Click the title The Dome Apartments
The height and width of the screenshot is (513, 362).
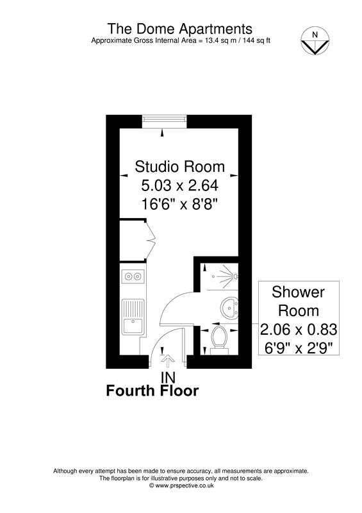179,29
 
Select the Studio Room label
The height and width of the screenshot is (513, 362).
179,167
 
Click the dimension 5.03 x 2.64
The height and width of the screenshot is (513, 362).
179,186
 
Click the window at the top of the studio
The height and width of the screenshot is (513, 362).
165,120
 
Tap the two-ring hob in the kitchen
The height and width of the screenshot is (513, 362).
133,277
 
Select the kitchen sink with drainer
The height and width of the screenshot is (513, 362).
133,318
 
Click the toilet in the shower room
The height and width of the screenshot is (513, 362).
219,339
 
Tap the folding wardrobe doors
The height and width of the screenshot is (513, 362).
150,240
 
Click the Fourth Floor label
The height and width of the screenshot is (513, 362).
152,391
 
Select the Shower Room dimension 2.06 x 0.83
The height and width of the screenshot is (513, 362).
299,330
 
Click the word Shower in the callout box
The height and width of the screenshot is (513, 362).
299,292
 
